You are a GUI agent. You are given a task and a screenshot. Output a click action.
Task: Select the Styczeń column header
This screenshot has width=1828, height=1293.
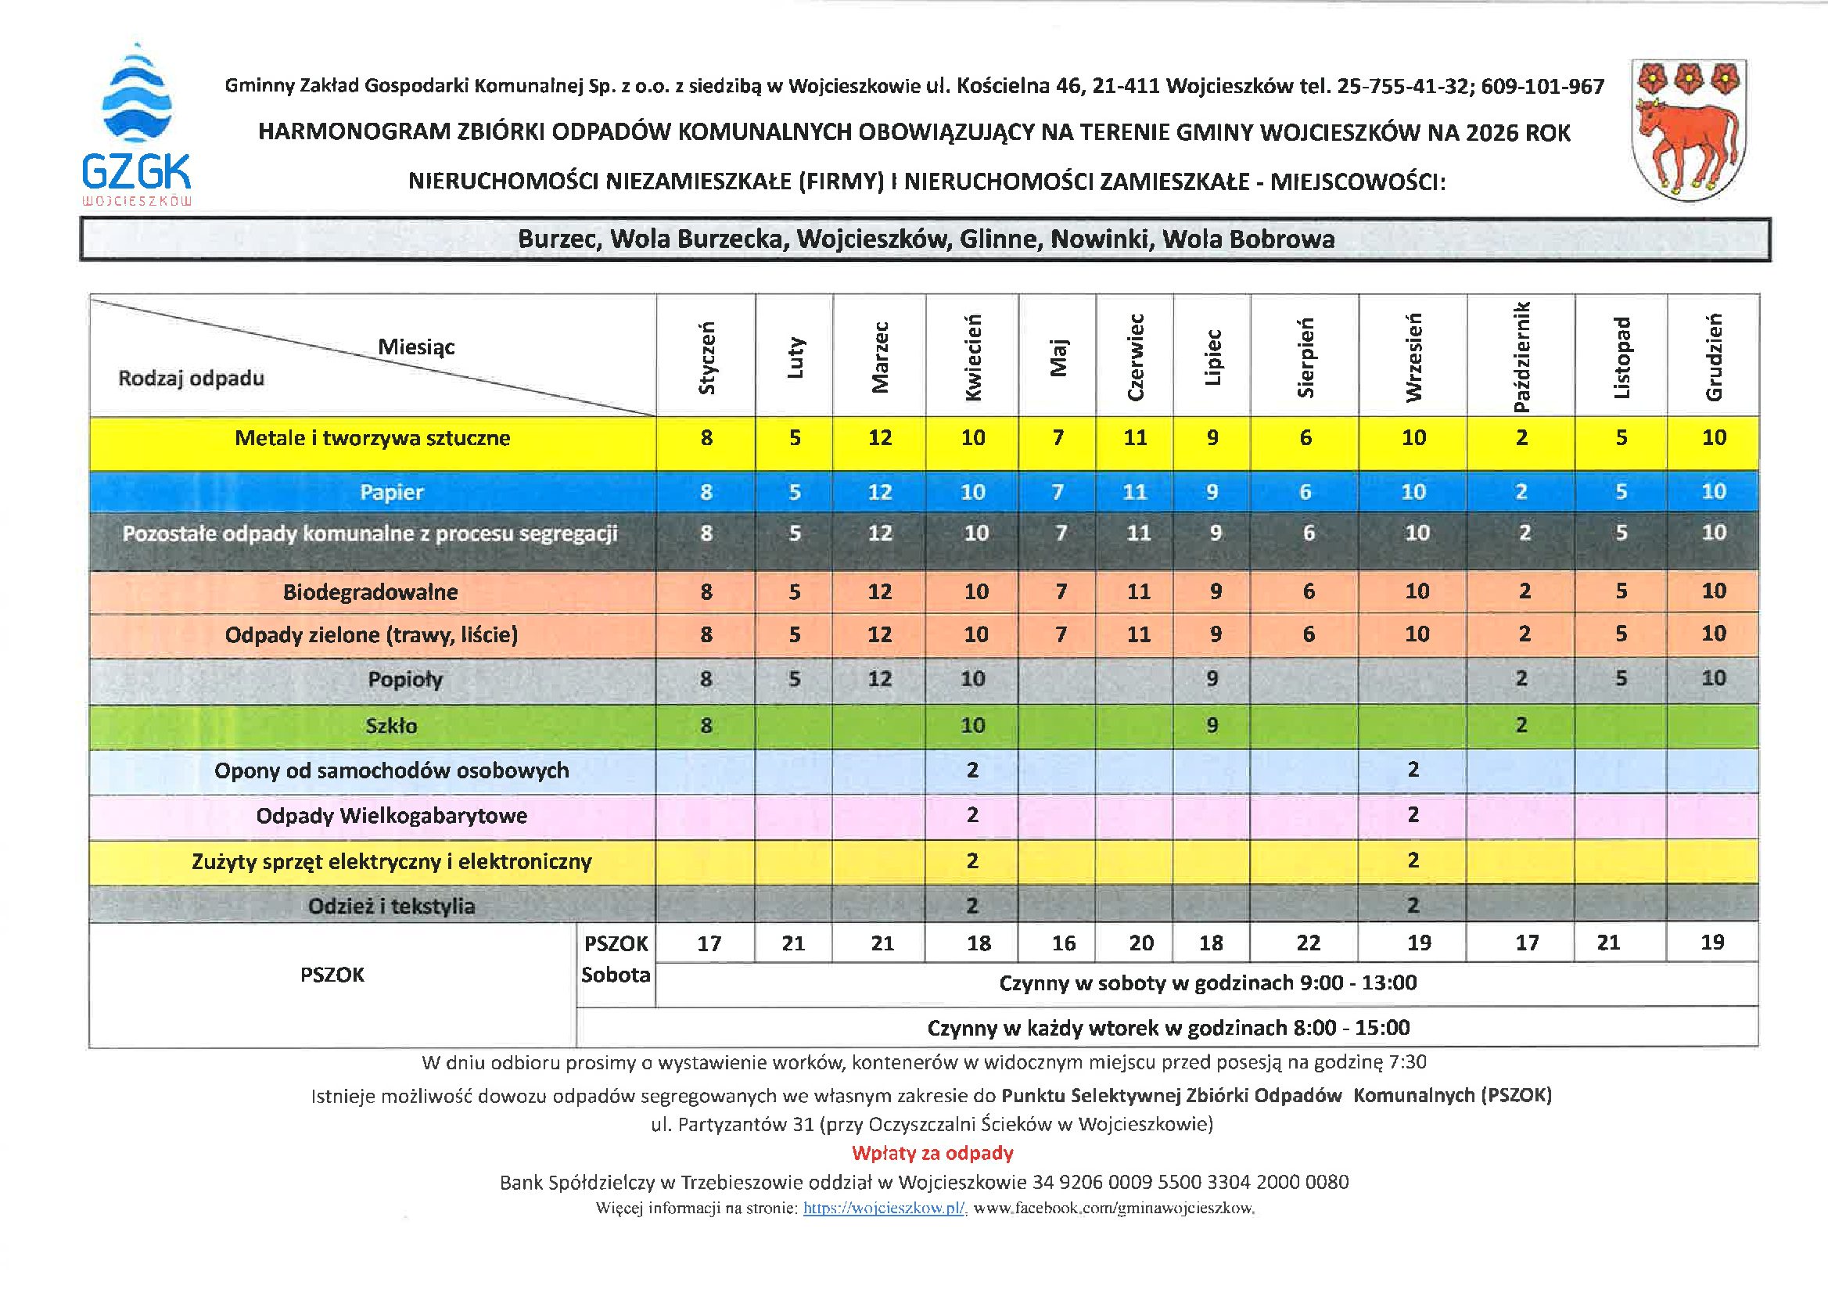tap(707, 357)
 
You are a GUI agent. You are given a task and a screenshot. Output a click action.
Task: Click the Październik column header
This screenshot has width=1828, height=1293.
tap(1521, 357)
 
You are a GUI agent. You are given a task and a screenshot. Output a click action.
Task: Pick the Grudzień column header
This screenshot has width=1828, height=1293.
tap(1714, 357)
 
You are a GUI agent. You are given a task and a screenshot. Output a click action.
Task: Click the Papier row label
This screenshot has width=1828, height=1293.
tap(391, 492)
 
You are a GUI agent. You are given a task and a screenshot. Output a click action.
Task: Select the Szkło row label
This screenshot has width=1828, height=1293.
tap(391, 725)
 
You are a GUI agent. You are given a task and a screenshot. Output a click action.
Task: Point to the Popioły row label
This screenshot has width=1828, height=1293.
tap(404, 679)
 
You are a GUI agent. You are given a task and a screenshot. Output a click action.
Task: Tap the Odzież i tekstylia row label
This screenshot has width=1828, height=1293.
tap(391, 906)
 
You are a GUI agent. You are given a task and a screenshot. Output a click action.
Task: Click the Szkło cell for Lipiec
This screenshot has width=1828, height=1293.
tap(1212, 725)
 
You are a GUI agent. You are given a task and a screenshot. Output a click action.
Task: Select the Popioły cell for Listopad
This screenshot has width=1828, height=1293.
tap(1621, 678)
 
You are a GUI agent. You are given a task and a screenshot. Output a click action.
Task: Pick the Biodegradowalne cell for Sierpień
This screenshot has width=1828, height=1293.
tap(1309, 591)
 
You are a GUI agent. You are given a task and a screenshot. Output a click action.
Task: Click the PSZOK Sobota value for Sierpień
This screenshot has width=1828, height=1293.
tap(1308, 943)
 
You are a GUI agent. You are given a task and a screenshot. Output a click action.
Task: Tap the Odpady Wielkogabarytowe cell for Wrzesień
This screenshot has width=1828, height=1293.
tap(1413, 815)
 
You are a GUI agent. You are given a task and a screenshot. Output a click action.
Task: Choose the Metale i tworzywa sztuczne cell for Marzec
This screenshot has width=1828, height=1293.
tap(880, 438)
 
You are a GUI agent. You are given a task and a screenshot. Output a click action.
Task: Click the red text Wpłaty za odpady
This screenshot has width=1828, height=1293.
tap(932, 1153)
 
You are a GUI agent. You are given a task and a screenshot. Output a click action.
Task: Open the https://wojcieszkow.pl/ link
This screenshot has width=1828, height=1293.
tap(885, 1209)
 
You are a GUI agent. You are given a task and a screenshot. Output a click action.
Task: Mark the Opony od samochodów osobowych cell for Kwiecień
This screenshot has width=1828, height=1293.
tap(972, 770)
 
